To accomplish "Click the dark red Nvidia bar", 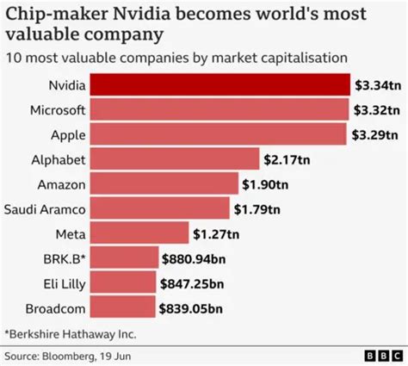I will click(x=219, y=84).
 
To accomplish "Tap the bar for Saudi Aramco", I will click(x=158, y=208).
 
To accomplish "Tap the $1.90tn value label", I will click(x=266, y=183).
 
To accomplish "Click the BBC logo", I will click(x=378, y=354).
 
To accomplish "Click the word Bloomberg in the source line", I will click(x=76, y=354).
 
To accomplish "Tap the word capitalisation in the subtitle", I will click(x=302, y=58).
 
